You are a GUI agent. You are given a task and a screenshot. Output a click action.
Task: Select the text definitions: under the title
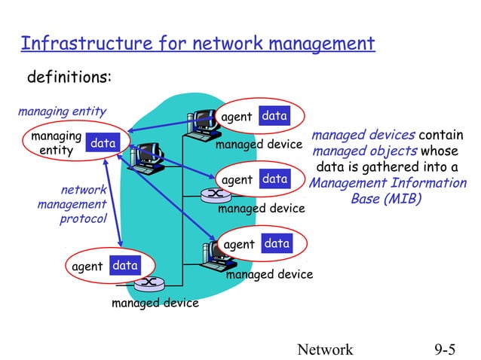69,78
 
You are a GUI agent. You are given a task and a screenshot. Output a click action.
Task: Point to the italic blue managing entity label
62,112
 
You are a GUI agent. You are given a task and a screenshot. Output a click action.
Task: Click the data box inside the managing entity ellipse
103,143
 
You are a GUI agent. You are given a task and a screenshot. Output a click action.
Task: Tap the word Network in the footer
325,349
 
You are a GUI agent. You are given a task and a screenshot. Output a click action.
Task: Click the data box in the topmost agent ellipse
274,116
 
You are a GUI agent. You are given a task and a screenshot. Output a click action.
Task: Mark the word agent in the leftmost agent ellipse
87,266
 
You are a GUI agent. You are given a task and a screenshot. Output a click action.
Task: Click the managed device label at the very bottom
155,303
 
